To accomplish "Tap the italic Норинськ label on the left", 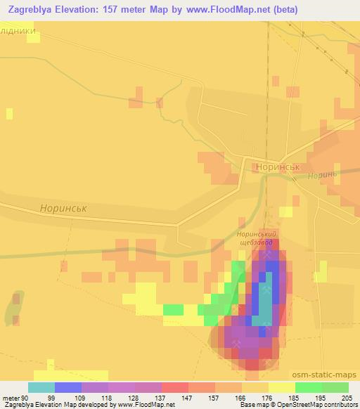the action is [63, 209].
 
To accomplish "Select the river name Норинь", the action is [323, 174].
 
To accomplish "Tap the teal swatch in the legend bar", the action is [41, 387].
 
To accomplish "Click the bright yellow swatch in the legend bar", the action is [282, 387].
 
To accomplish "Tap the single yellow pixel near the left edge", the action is [9, 113].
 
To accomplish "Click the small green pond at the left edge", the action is [12, 310].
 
